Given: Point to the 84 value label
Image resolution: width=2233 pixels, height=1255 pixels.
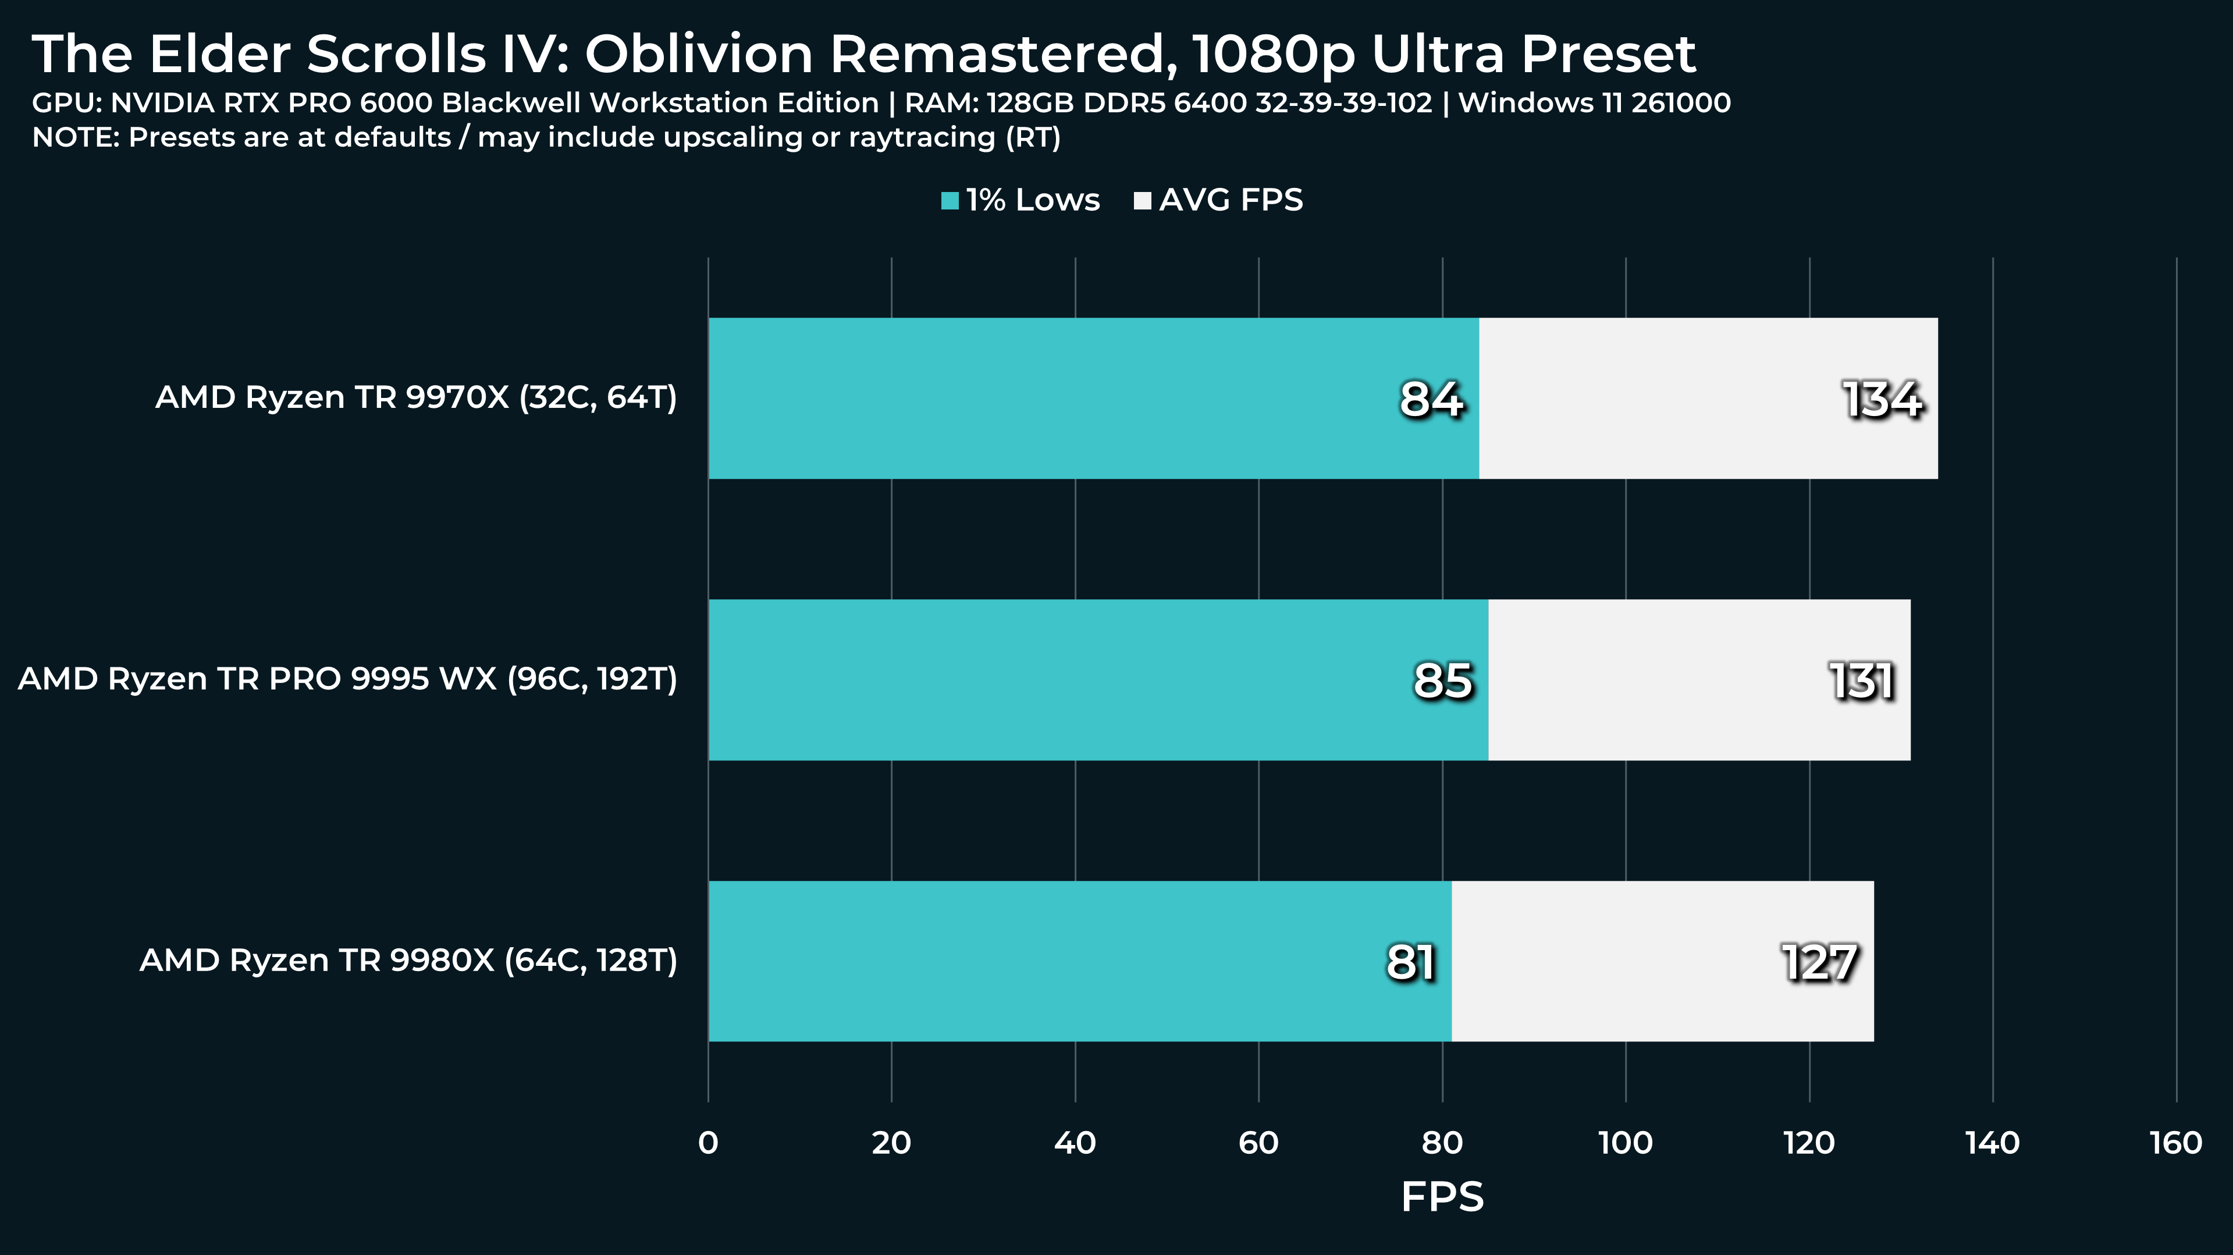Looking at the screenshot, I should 1431,400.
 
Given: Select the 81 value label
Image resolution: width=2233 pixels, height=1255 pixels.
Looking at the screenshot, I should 1410,962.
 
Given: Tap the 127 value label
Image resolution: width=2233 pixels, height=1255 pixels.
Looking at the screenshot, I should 1819,962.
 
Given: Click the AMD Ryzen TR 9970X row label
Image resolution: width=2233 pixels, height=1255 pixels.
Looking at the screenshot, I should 416,398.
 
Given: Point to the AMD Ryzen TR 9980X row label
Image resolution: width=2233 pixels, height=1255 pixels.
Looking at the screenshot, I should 408,961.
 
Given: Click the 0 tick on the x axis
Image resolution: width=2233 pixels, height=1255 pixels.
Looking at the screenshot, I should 708,1143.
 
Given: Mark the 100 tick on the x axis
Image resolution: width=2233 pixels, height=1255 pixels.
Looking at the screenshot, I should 1626,1143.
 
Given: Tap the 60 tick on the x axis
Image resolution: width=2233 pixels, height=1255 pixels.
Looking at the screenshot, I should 1258,1143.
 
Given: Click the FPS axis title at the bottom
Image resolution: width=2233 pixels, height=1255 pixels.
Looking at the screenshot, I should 1442,1197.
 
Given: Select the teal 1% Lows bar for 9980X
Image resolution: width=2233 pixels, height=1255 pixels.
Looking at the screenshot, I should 1079,961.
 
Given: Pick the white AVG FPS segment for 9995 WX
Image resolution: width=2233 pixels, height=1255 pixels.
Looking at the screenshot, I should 1699,680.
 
